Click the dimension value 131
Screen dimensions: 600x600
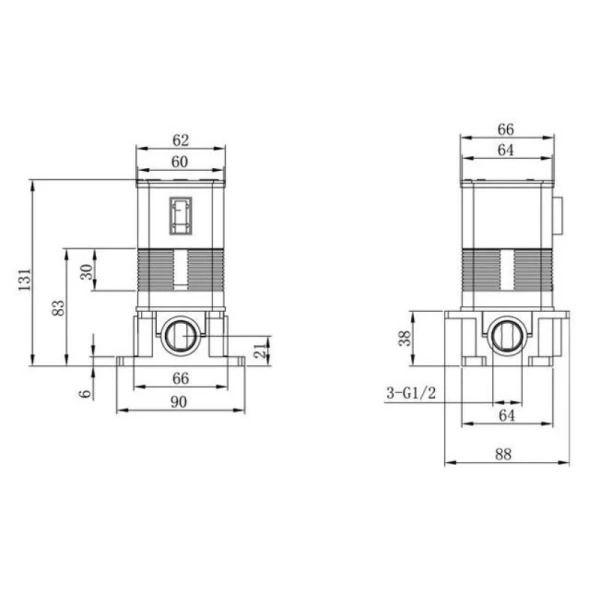point(25,279)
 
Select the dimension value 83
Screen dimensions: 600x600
point(59,308)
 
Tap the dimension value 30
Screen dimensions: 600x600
point(87,272)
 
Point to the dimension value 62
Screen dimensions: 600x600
point(181,140)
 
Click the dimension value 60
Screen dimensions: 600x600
point(179,162)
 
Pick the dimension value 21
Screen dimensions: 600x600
point(261,351)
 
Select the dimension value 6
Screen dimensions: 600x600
point(86,393)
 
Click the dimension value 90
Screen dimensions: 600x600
point(179,402)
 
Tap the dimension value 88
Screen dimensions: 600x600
point(503,455)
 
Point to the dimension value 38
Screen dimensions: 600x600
point(404,338)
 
